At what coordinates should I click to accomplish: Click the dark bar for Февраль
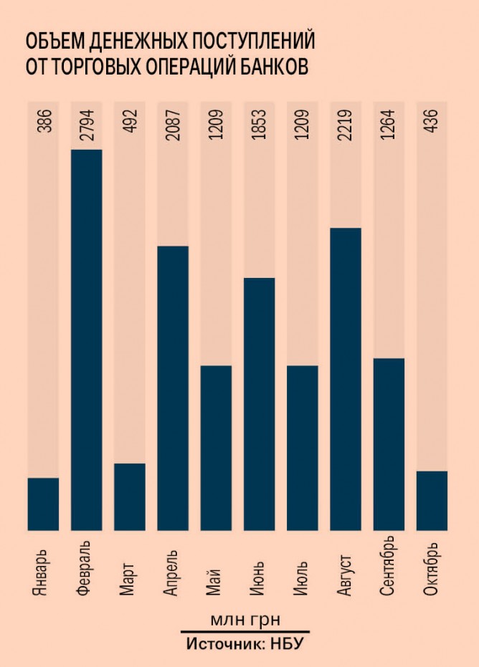87,340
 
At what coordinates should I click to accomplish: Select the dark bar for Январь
43,504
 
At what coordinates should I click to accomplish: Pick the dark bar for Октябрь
432,501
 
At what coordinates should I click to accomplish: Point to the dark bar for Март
130,497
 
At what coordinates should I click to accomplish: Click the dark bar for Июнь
259,404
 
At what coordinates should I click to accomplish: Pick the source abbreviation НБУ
287,643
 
